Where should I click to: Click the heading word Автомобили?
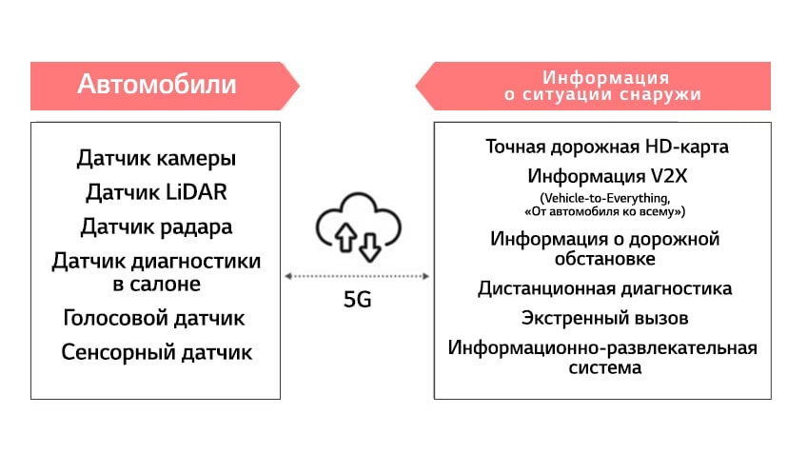point(156,84)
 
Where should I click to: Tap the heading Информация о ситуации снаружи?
point(602,86)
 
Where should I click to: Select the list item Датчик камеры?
point(156,158)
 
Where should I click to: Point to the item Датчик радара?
point(156,227)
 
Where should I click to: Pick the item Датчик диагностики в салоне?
point(156,272)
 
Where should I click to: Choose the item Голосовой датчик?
point(154,318)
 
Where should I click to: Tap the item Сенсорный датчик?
point(156,352)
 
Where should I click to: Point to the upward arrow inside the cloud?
point(345,237)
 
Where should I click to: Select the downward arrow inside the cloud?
point(370,247)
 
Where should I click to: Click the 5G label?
point(358,300)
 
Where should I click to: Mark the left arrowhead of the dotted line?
point(288,276)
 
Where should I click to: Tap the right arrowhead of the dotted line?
point(425,276)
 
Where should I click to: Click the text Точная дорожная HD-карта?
point(607,148)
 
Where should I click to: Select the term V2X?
point(669,177)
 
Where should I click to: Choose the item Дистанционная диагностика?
point(604,288)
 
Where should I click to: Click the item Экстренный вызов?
point(604,318)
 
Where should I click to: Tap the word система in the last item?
point(604,367)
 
